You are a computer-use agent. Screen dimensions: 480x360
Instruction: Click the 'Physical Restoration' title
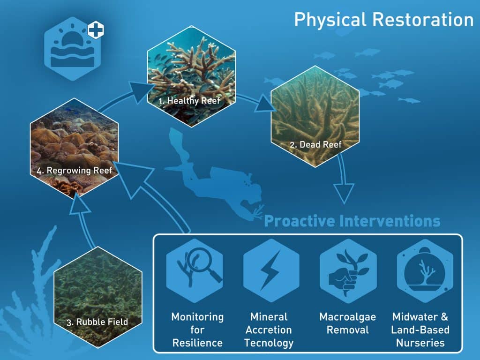tap(384, 20)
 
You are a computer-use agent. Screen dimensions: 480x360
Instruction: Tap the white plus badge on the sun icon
tap(96, 30)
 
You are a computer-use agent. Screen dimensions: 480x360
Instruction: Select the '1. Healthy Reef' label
tap(189, 101)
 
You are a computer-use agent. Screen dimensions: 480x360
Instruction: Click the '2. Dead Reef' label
tap(315, 144)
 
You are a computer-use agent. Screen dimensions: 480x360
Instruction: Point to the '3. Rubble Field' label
tap(97, 322)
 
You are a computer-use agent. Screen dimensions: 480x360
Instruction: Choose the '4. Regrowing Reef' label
tap(75, 171)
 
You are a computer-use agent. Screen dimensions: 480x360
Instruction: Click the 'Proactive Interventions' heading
tap(352, 221)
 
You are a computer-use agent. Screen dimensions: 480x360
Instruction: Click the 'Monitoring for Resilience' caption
tap(197, 330)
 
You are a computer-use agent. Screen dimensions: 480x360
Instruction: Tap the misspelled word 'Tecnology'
tap(269, 343)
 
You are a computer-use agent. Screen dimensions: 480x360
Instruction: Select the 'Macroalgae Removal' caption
tap(348, 323)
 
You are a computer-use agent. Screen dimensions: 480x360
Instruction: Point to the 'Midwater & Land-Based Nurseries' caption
tap(420, 330)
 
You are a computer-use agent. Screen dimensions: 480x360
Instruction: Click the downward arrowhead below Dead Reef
tap(344, 193)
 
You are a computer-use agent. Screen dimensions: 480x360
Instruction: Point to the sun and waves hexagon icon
tap(73, 49)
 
